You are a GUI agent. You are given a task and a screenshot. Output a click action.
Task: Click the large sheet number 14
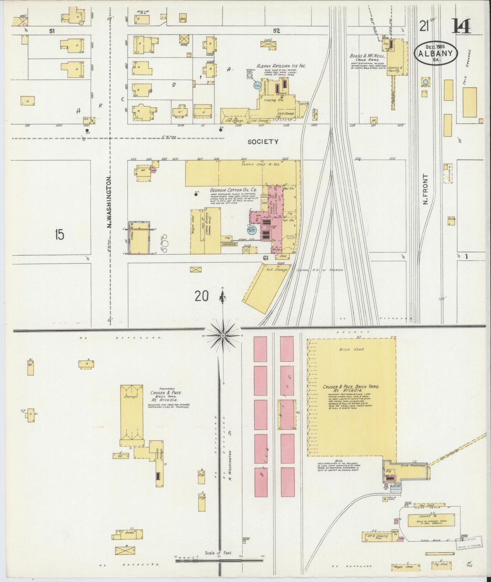click(461, 27)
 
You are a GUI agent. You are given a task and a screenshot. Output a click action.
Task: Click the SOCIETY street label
click(263, 142)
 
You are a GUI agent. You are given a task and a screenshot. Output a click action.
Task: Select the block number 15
click(59, 235)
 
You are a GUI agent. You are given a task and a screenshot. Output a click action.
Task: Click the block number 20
click(202, 296)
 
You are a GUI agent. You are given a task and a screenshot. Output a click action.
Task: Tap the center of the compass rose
click(222, 335)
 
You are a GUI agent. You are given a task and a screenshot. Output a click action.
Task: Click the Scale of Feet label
click(218, 553)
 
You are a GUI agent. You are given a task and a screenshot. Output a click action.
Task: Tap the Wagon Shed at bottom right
click(403, 566)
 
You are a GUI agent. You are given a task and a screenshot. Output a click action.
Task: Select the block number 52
click(276, 31)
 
